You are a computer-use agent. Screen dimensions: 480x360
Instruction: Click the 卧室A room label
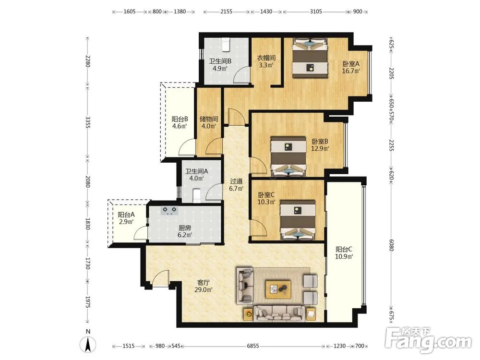pos(351,64)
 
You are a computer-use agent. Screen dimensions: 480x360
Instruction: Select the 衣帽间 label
pos(266,58)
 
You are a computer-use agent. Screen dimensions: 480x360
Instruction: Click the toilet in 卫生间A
pos(197,196)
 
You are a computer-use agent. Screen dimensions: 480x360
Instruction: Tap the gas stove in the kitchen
pos(169,211)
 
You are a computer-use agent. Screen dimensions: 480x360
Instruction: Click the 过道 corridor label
pos(236,181)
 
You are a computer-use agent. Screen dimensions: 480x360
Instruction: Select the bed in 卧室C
pos(298,220)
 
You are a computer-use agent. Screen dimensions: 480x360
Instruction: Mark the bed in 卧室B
pos(288,156)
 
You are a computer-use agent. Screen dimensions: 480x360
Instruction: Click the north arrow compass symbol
pos(88,344)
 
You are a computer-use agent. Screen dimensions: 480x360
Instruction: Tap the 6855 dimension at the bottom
pos(253,346)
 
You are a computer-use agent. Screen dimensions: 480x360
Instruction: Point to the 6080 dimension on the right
pos(391,245)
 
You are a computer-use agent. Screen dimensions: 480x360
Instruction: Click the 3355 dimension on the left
pos(88,122)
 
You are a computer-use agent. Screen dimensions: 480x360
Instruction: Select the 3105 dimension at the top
pos(316,12)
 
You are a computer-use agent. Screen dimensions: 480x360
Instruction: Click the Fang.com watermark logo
pos(428,340)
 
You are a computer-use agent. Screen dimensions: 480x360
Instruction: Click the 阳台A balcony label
pos(126,215)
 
